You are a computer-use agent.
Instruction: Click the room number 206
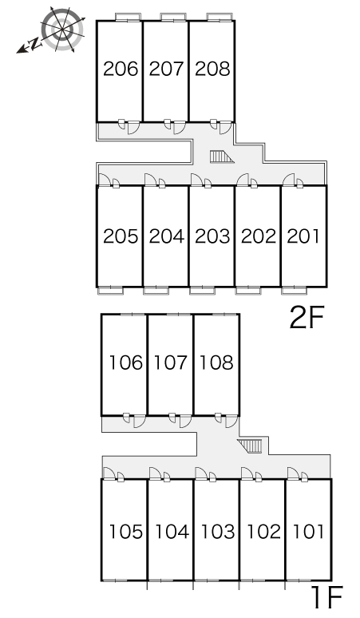(121, 69)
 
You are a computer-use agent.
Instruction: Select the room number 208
(212, 69)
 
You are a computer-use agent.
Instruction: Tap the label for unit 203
(212, 236)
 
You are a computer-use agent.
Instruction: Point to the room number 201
(303, 236)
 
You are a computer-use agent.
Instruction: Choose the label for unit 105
(125, 532)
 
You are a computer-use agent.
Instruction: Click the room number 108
(217, 362)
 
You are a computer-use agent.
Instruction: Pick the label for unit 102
(263, 532)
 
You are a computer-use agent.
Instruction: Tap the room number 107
(171, 362)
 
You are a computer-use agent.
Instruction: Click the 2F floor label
(307, 318)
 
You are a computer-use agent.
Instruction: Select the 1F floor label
(327, 597)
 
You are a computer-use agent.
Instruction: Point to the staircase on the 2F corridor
(221, 156)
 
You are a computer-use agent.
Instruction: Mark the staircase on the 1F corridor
(251, 446)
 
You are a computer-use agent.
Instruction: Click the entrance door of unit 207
(179, 127)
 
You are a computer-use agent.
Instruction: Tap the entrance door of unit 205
(104, 180)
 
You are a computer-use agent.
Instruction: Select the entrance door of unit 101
(294, 473)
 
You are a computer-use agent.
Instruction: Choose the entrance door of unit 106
(140, 422)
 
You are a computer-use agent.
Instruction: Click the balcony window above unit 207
(174, 17)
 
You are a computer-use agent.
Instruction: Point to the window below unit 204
(156, 291)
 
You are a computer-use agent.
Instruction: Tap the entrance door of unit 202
(243, 180)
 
